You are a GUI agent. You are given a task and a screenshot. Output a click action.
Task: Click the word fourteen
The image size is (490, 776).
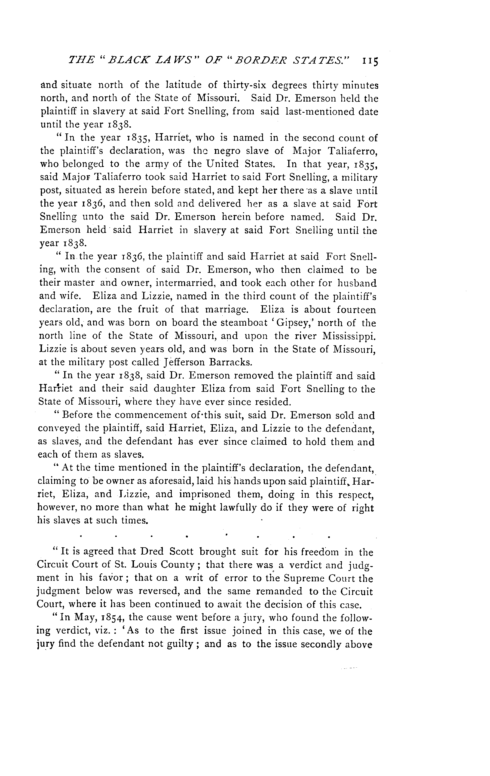pyautogui.click(x=356, y=310)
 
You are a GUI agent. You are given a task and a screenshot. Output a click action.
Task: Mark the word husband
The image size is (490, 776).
pyautogui.click(x=357, y=283)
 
